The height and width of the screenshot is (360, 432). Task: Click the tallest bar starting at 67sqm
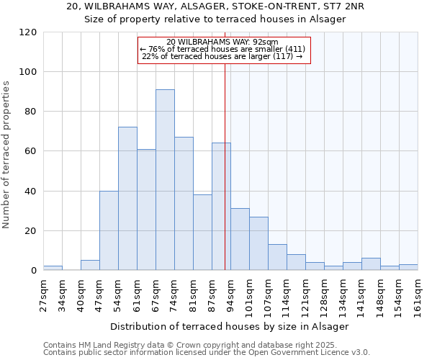tap(165, 180)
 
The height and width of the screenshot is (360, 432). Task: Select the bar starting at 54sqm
tap(127, 199)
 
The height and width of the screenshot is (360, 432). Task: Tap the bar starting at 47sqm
tap(109, 230)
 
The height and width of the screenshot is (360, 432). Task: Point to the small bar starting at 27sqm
tap(53, 268)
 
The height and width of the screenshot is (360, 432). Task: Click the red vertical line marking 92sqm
tap(225, 166)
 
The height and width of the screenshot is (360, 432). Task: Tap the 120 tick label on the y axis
tap(28, 32)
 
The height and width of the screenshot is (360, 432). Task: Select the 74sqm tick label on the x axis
tap(174, 292)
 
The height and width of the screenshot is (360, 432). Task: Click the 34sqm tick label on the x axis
tap(62, 292)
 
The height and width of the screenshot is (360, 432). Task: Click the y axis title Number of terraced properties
tap(6, 155)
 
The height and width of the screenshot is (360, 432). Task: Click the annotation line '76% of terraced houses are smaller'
tap(223, 49)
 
